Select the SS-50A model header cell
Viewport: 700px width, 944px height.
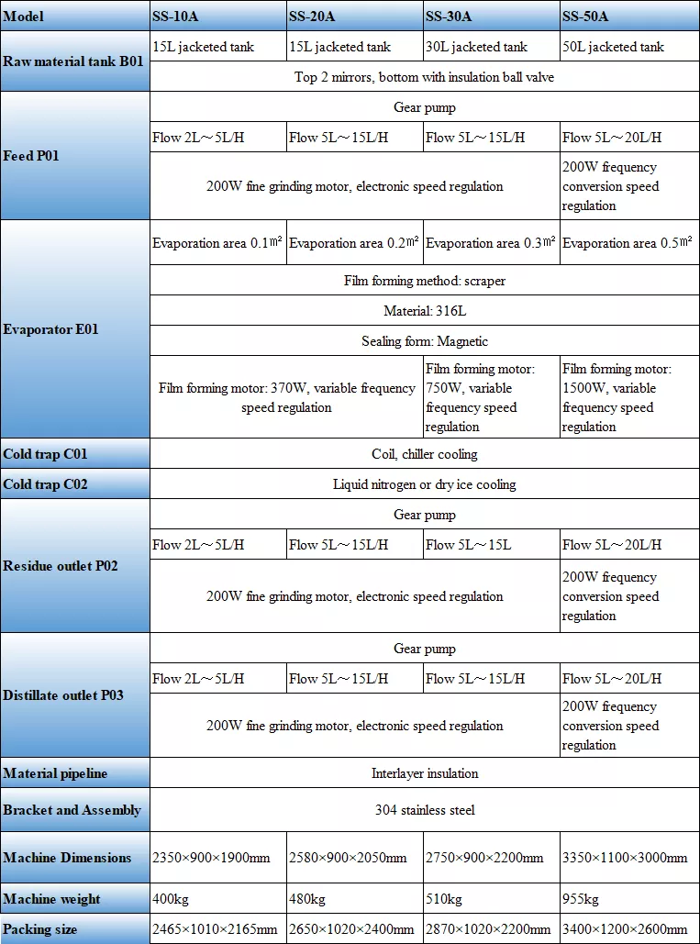click(585, 16)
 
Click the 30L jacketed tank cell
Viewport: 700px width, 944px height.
click(477, 47)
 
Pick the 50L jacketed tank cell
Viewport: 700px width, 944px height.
click(614, 47)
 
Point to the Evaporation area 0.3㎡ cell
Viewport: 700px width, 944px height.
click(491, 243)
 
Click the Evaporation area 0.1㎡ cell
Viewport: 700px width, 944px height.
click(217, 243)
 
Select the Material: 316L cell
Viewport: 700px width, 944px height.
click(424, 311)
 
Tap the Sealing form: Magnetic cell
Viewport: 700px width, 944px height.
click(424, 341)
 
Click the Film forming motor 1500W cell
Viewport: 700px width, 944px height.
click(617, 397)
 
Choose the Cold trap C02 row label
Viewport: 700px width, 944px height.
click(46, 483)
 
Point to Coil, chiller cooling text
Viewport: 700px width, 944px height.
click(424, 453)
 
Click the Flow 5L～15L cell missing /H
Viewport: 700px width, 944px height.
click(469, 545)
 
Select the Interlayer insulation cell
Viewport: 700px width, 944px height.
click(424, 773)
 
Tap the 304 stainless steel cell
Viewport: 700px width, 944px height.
click(424, 810)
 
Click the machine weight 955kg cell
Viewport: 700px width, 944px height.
click(581, 898)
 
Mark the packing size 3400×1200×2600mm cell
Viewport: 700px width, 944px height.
click(625, 929)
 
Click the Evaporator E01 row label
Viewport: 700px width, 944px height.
click(51, 329)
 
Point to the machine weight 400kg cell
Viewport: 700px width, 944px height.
click(171, 898)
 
